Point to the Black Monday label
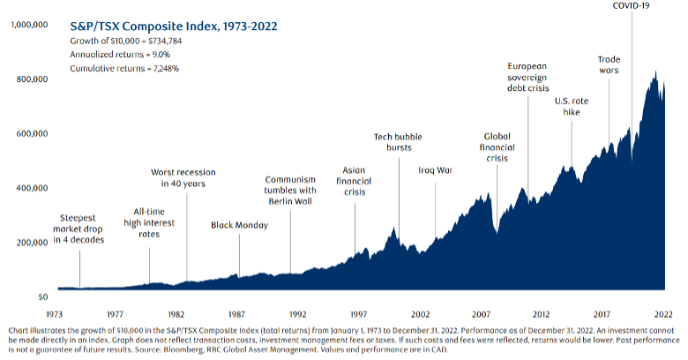[x=240, y=225]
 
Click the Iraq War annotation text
[x=435, y=170]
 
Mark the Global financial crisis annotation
[x=497, y=147]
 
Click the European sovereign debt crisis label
[x=528, y=77]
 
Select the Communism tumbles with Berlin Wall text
[x=290, y=189]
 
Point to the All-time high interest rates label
[x=149, y=224]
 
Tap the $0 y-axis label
[x=41, y=296]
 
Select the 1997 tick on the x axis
[x=358, y=313]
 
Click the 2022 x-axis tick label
[x=663, y=313]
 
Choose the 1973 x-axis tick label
[x=53, y=313]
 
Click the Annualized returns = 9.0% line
[x=115, y=55]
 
